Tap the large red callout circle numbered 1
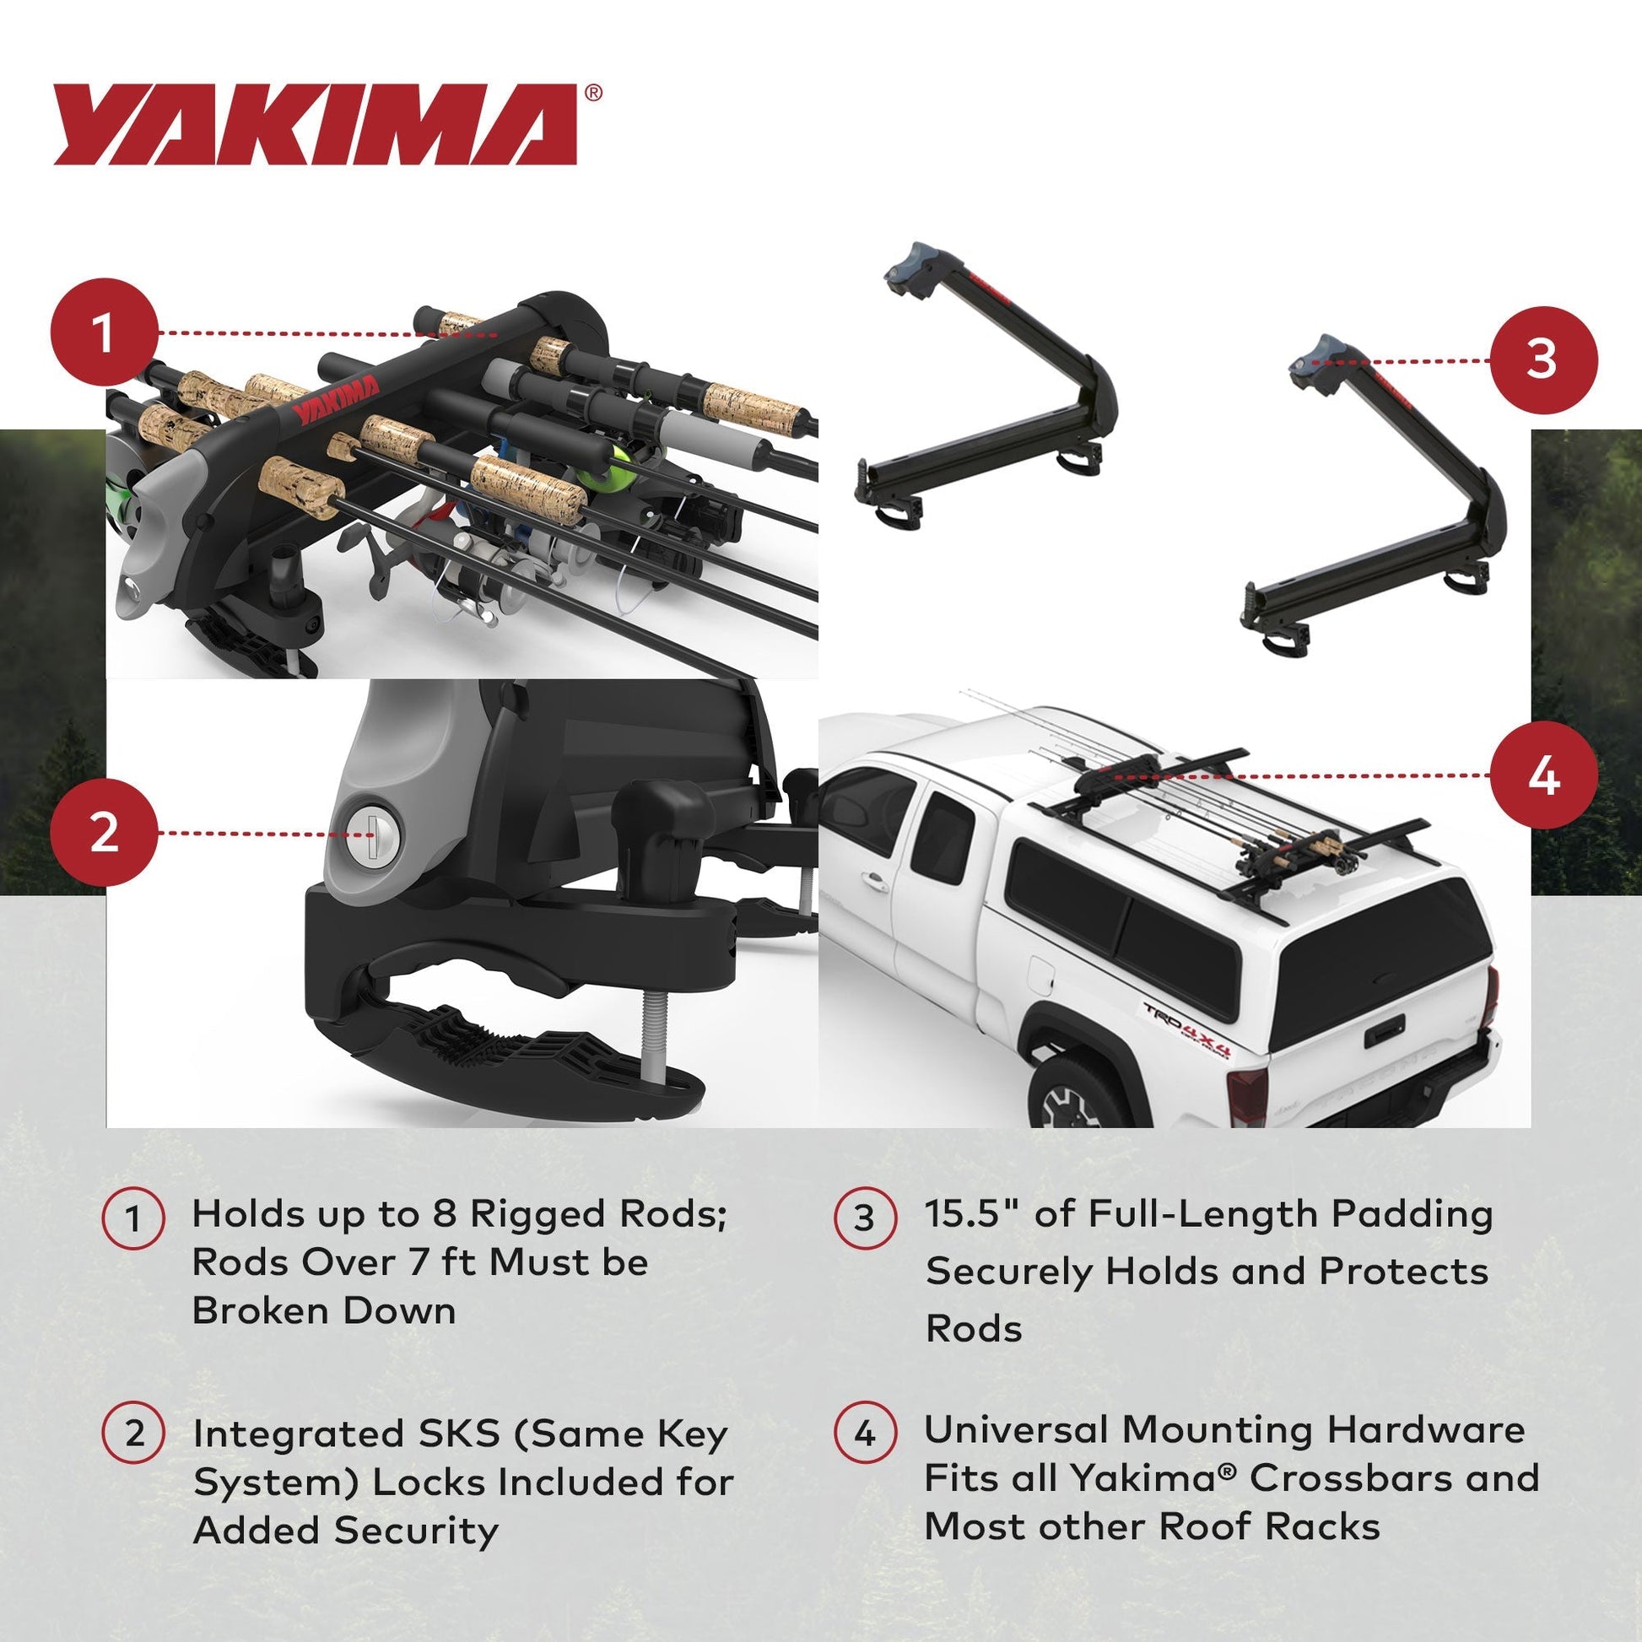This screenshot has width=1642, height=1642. click(104, 333)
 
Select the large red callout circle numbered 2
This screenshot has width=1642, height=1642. click(104, 833)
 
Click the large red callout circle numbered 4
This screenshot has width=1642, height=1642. click(1542, 775)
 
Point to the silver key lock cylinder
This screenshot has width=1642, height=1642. click(372, 835)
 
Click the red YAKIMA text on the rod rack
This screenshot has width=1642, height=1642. click(338, 400)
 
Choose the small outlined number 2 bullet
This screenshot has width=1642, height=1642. click(132, 1434)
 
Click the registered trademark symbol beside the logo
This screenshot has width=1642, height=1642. click(593, 93)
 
